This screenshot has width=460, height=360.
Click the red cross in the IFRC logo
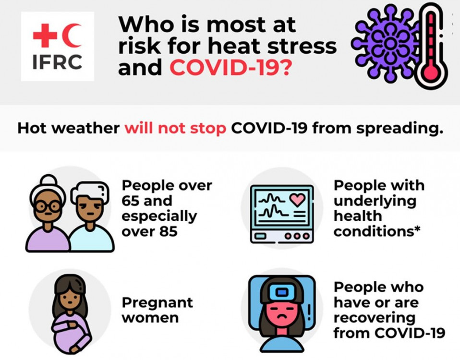[45, 36]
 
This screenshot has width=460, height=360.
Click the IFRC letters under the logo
[58, 62]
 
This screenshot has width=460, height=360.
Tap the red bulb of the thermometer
[431, 72]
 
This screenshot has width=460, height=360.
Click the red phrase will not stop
[175, 129]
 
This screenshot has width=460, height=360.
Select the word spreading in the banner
[399, 129]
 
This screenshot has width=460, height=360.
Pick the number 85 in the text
[169, 231]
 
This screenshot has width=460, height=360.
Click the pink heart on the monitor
[297, 199]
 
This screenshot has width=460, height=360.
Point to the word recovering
[375, 319]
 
